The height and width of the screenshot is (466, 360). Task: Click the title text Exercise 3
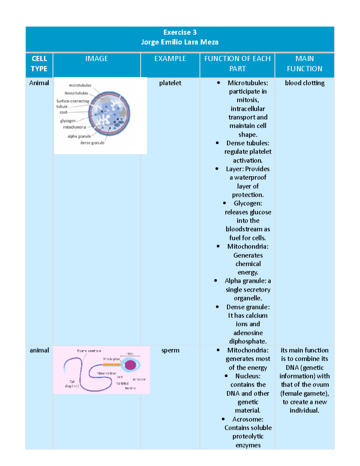(180, 32)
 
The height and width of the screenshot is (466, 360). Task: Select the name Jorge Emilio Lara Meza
(180, 42)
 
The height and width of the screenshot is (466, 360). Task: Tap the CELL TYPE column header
(39, 64)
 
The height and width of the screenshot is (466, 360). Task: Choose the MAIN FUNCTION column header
(304, 64)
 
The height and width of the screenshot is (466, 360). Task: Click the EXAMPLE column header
(170, 59)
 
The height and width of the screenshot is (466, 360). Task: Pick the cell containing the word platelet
(170, 83)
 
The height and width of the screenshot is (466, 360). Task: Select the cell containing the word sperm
(170, 350)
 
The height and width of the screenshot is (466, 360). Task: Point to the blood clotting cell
(304, 83)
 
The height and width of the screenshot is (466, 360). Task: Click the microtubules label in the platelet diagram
(80, 86)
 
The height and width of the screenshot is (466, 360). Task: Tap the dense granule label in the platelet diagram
(92, 143)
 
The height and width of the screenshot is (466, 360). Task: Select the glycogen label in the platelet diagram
(68, 121)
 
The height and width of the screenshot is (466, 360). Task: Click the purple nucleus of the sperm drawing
(130, 365)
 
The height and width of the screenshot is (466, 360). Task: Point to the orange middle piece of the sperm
(111, 365)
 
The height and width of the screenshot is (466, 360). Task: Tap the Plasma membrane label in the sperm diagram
(89, 351)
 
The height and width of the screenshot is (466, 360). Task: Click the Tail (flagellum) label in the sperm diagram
(72, 384)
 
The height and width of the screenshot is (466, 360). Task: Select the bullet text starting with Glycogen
(248, 203)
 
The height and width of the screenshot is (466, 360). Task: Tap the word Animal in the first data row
(39, 83)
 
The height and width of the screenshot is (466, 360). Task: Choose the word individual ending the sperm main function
(304, 410)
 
